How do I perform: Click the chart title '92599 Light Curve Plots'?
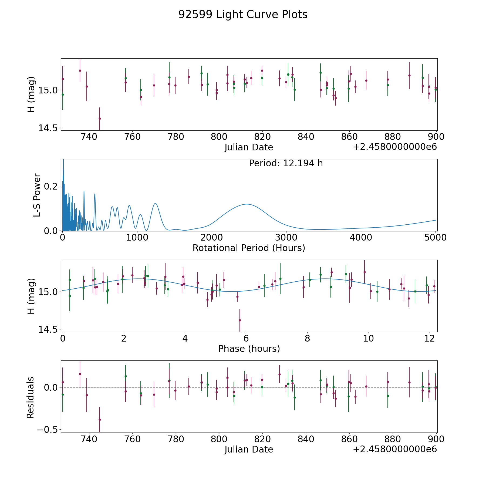pos(243,15)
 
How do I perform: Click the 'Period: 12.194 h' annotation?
pos(286,163)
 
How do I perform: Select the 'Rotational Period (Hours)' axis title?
pos(249,248)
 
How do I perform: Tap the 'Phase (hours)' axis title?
pos(249,349)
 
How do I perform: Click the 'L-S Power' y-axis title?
pos(37,195)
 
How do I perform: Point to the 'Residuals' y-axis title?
pos(31,397)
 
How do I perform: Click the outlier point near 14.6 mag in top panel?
pos(100,119)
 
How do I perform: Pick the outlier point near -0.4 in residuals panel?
pos(100,420)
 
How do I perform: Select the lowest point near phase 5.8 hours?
pos(240,320)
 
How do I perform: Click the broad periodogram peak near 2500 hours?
pos(247,204)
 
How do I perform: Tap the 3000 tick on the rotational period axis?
pos(286,238)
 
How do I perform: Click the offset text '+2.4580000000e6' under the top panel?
pos(395,147)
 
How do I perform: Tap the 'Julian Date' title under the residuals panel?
pos(249,450)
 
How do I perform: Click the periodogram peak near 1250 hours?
pos(155,203)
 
